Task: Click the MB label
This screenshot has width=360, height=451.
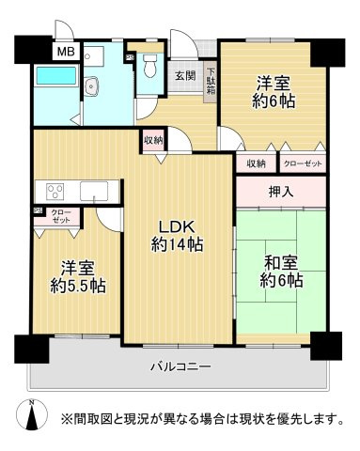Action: tap(64, 53)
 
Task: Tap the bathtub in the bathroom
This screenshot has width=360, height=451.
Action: tap(56, 88)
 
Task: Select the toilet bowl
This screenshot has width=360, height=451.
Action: tap(148, 83)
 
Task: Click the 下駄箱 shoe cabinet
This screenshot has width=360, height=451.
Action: tap(211, 81)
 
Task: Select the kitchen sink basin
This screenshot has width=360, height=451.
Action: tap(95, 194)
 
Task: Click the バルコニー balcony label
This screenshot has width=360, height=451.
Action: tap(179, 365)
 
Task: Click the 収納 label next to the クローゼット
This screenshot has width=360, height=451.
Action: tap(255, 163)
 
